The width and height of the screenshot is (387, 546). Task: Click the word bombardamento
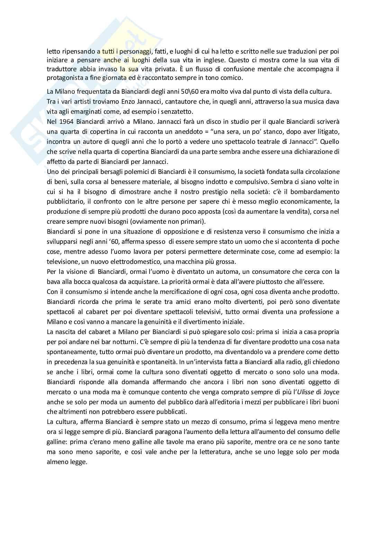(x=314, y=192)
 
